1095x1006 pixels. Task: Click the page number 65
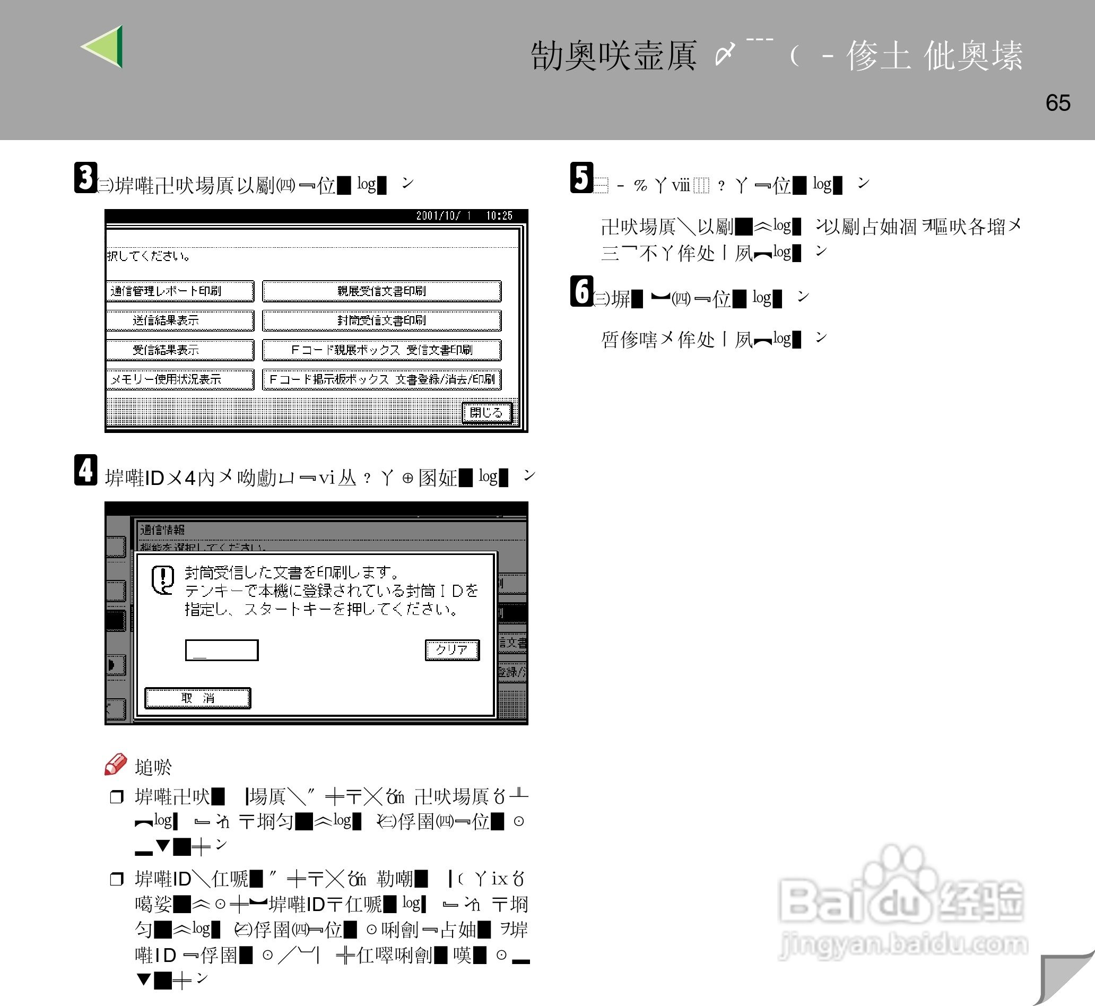pos(1057,103)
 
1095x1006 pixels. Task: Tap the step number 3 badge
pos(85,177)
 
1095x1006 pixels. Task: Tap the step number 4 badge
pos(85,470)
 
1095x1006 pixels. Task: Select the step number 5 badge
pos(581,177)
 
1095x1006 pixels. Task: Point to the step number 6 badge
pos(581,291)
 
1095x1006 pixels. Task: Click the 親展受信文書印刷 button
pos(381,291)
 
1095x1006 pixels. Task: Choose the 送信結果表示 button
pos(180,320)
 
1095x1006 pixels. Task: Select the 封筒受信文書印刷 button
pos(381,320)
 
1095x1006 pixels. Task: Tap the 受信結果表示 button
pos(180,350)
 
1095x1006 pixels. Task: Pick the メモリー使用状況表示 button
pos(180,379)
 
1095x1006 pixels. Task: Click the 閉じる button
pos(486,413)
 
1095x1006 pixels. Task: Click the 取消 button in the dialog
pos(197,698)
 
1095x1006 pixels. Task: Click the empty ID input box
pos(222,650)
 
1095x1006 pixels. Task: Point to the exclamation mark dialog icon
pos(163,580)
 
